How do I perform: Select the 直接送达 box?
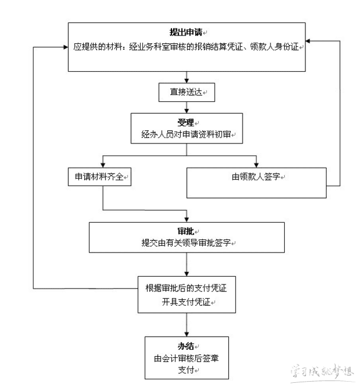186,93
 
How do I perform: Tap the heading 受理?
186,122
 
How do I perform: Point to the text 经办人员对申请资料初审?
186,135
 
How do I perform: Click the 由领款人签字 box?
256,177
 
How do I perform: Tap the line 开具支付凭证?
186,302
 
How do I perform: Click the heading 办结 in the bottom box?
186,346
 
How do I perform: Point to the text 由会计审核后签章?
186,358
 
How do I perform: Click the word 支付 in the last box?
186,370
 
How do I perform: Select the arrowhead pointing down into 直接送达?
186,80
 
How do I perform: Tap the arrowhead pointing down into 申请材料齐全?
103,164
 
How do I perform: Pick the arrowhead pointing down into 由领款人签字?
256,164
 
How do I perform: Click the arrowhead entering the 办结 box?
186,332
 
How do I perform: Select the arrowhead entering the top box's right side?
310,41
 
